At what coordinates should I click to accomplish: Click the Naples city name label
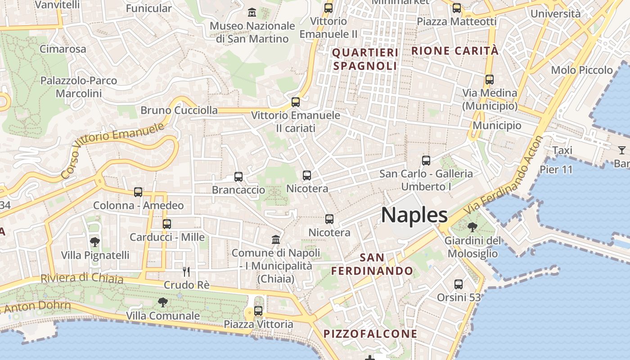point(414,215)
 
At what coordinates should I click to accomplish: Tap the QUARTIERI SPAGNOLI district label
point(365,59)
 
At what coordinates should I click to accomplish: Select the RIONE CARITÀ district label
point(455,51)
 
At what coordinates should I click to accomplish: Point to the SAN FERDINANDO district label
point(372,264)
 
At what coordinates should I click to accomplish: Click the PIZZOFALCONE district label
point(370,334)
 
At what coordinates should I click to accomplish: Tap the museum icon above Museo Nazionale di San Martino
point(252,12)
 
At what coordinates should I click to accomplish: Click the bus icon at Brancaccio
point(238,177)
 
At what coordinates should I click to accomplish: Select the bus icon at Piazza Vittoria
point(258,310)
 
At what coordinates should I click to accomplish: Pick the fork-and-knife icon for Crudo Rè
point(186,272)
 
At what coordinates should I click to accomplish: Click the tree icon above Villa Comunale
point(162,302)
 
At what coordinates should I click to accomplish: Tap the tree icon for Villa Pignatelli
point(94,242)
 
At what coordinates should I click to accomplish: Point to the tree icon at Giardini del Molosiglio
point(472,227)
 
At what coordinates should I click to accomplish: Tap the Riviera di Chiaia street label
point(82,279)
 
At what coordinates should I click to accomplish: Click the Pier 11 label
point(556,170)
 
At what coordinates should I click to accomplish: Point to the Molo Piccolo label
point(582,70)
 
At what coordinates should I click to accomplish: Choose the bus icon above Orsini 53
point(459,284)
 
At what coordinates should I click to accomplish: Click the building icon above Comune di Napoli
point(276,239)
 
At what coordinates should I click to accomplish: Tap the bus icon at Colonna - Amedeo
point(138,192)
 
